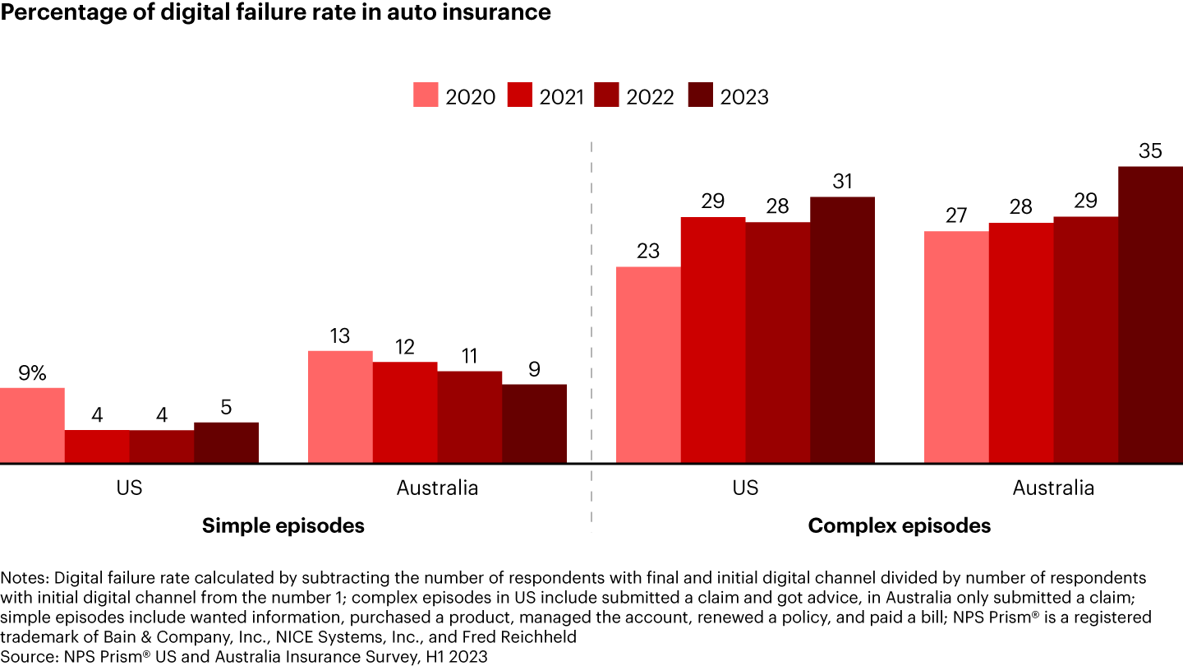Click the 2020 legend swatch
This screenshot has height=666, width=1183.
(x=426, y=95)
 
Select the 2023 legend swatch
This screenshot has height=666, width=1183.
(x=700, y=95)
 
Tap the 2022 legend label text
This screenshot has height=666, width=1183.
(x=650, y=97)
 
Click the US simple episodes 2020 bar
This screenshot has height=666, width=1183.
(x=32, y=426)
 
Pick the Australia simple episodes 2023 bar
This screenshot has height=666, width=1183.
(x=534, y=424)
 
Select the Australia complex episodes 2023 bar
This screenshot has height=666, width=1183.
(x=1150, y=315)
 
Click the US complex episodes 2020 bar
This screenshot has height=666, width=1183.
(x=648, y=365)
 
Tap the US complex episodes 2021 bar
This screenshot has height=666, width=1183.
(x=713, y=340)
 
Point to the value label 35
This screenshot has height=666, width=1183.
(x=1150, y=151)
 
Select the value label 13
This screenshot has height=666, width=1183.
(x=340, y=335)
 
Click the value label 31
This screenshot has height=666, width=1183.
(x=842, y=182)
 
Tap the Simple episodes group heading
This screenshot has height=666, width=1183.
(x=283, y=526)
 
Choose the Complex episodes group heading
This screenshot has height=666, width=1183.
(x=900, y=526)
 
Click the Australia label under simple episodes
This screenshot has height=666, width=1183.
(x=437, y=488)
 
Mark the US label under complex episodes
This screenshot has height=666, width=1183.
(x=745, y=488)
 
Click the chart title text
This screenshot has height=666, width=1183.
(x=275, y=13)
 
